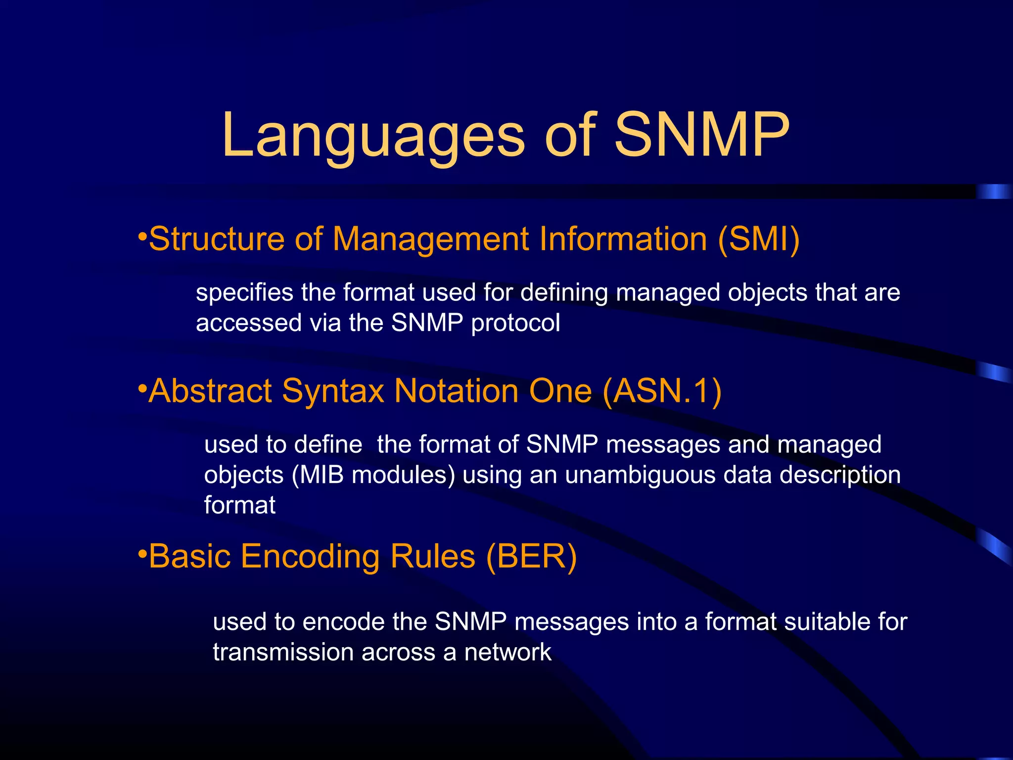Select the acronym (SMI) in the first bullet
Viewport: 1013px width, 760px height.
click(758, 239)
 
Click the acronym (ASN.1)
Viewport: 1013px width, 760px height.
click(662, 391)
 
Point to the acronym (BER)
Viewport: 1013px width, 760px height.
click(531, 557)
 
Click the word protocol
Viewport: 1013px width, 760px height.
click(515, 324)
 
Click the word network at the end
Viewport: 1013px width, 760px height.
click(507, 652)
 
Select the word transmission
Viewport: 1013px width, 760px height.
click(283, 652)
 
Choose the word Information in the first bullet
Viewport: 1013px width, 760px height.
click(623, 239)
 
